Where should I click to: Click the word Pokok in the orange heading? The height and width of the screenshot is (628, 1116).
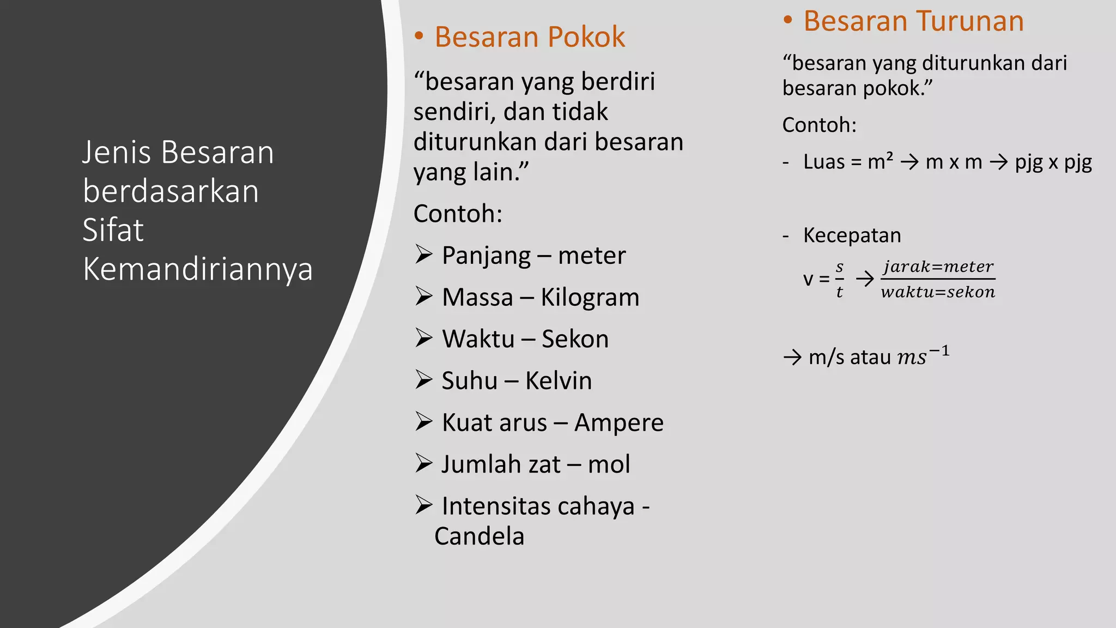pyautogui.click(x=586, y=37)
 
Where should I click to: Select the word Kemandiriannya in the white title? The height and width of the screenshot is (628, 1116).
pyautogui.click(x=198, y=269)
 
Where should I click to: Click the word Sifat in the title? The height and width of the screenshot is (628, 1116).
pyautogui.click(x=113, y=230)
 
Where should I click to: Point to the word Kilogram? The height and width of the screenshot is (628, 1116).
pyautogui.click(x=590, y=298)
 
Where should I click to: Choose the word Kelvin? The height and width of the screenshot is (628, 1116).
pyautogui.click(x=559, y=381)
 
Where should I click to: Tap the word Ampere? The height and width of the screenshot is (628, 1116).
pyautogui.click(x=619, y=423)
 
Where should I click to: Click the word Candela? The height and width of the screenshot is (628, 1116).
pyautogui.click(x=479, y=536)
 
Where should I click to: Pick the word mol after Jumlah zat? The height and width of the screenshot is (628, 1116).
pyautogui.click(x=609, y=464)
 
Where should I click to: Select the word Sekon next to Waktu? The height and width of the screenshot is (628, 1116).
pyautogui.click(x=575, y=339)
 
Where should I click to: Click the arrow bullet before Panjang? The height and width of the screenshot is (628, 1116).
pyautogui.click(x=423, y=254)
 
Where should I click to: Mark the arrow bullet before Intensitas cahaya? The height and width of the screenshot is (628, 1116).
pyautogui.click(x=423, y=505)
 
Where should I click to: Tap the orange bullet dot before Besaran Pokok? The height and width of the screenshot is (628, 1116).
pyautogui.click(x=418, y=37)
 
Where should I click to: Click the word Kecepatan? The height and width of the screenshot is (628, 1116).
pyautogui.click(x=852, y=235)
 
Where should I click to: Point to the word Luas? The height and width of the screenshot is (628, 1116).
pyautogui.click(x=824, y=162)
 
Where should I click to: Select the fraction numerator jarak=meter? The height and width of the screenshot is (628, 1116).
pyautogui.click(x=938, y=267)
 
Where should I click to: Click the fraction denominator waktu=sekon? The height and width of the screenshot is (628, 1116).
pyautogui.click(x=938, y=292)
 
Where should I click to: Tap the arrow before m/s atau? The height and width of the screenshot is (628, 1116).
pyautogui.click(x=792, y=358)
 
